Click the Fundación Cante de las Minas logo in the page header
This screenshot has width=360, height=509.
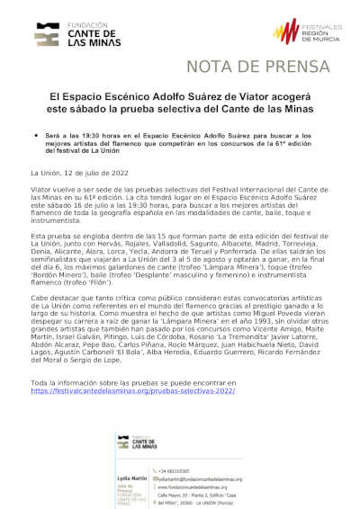click(67, 33)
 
